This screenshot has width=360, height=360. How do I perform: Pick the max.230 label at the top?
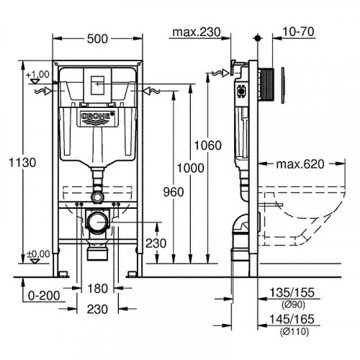pyautogui.click(x=196, y=32)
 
